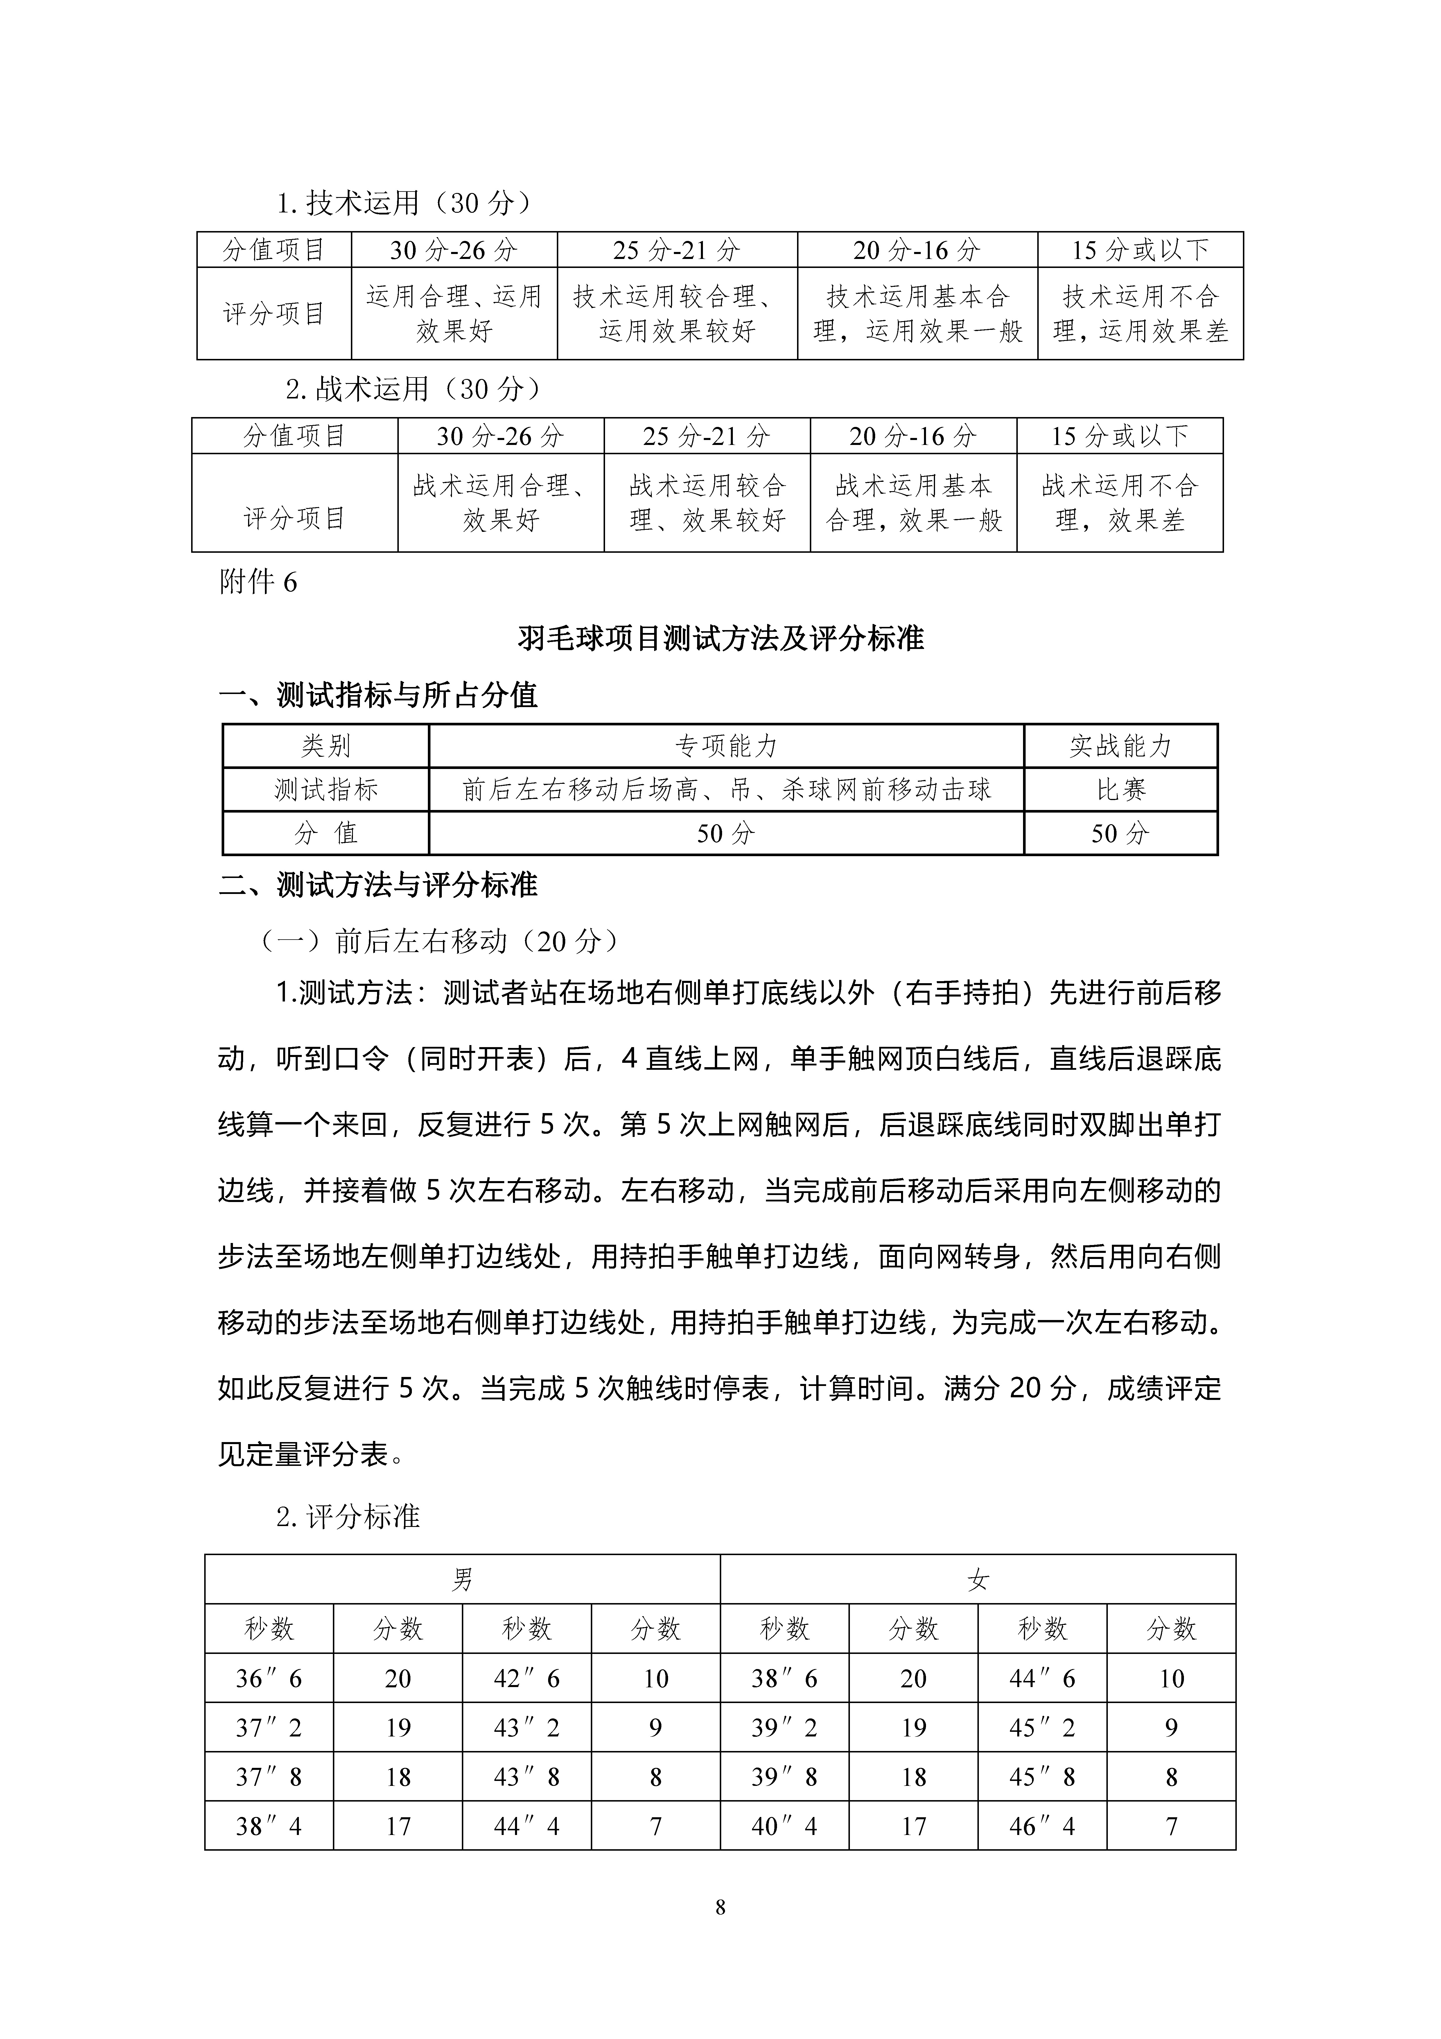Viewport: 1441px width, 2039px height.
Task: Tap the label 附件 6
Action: click(257, 583)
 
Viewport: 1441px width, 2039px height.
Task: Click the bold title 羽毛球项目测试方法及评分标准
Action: click(720, 638)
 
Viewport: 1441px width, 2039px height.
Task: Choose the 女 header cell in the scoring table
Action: click(977, 1579)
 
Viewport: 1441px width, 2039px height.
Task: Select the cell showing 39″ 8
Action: click(784, 1777)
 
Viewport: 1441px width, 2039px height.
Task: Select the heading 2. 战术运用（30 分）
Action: click(413, 389)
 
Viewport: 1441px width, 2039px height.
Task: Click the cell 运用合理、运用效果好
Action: click(454, 314)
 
